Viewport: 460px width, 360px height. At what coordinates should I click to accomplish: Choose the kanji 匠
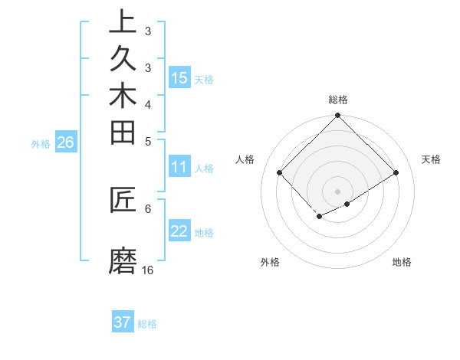coord(123,201)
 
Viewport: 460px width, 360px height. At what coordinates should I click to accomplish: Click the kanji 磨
coord(123,261)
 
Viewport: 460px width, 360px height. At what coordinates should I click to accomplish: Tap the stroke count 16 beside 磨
coord(148,270)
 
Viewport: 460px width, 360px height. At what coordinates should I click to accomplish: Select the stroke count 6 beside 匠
coord(148,208)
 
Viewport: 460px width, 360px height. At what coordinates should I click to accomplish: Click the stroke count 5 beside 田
coord(148,140)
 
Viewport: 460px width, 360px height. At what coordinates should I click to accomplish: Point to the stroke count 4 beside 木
coord(148,104)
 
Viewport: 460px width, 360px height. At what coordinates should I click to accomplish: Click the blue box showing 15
coord(179,77)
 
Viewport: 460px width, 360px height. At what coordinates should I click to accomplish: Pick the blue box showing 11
coord(179,166)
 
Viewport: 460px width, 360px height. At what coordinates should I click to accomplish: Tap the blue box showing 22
coord(179,231)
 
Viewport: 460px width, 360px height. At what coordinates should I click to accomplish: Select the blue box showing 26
coord(65,142)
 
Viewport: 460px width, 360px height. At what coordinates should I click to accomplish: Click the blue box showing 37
coord(123,322)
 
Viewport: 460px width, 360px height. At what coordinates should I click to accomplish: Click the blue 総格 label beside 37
coord(147,324)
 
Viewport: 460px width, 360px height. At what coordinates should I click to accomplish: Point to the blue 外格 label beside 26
coord(41,143)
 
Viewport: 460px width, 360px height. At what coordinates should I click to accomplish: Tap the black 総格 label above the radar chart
coord(338,100)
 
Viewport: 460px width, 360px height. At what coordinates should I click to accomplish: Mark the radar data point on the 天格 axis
coord(396,172)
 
